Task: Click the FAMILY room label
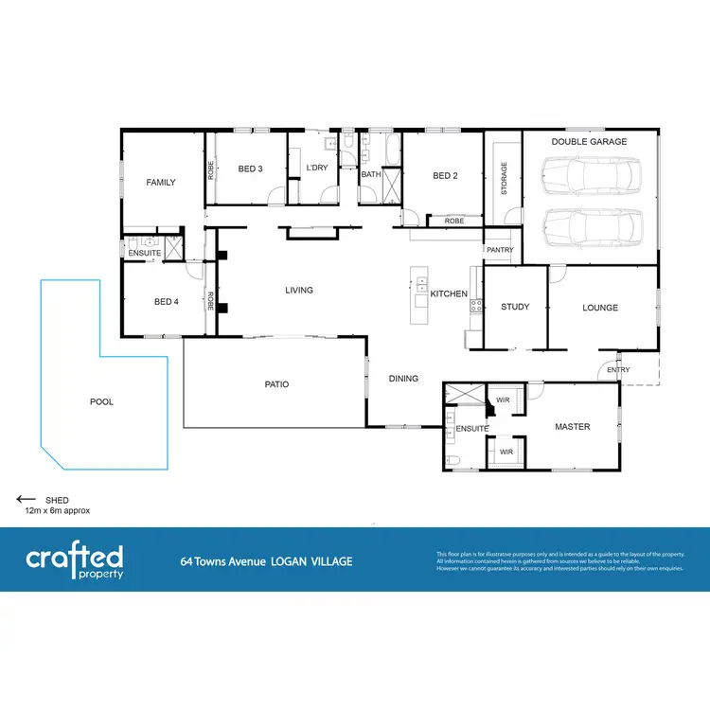tap(160, 182)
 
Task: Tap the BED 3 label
tap(250, 169)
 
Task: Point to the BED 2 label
tap(445, 175)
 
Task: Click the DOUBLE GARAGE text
tap(589, 142)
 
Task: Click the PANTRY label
tap(499, 250)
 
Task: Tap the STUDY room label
tap(515, 307)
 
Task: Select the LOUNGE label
tap(600, 308)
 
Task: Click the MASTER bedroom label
tap(572, 427)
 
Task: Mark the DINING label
tap(403, 379)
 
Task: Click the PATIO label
tap(275, 384)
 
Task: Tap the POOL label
tap(101, 402)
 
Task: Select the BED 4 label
tap(167, 302)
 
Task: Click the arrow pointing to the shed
tap(26, 500)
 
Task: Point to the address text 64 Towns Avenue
tap(224, 561)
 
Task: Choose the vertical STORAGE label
tap(504, 178)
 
